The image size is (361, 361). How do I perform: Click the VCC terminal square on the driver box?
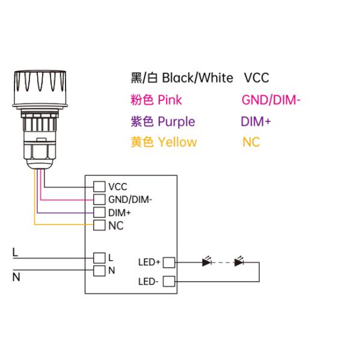tap(99, 187)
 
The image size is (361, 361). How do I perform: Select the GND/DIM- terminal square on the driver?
tap(99, 199)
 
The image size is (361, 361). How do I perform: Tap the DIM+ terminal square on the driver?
tap(99, 212)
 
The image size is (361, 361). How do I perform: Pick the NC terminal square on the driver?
tap(99, 226)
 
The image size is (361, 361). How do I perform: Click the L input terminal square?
tap(99, 257)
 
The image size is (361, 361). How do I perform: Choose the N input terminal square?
tap(99, 270)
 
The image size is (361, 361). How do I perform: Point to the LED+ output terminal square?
tap(169, 262)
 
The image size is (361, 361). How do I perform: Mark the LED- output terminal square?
tap(169, 281)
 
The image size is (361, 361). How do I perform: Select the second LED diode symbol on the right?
tap(239, 262)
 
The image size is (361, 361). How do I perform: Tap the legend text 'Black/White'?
tap(197, 78)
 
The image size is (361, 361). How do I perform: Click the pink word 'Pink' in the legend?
tap(170, 100)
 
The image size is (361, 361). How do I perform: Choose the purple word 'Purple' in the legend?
tap(176, 122)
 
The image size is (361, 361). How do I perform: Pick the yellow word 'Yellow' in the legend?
tap(177, 143)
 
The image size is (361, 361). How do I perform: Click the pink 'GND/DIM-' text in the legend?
tap(270, 100)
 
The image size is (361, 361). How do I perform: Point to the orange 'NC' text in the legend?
tap(250, 143)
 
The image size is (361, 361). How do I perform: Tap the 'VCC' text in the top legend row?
tap(257, 78)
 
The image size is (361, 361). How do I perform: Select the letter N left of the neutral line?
tap(16, 277)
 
